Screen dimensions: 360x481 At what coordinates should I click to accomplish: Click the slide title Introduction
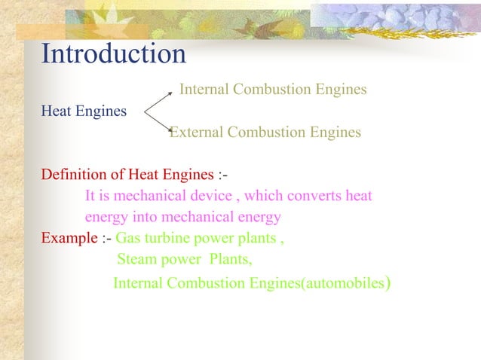point(113,54)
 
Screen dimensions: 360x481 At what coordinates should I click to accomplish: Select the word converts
point(314,196)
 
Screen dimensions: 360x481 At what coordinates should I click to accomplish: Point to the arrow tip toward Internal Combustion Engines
point(174,95)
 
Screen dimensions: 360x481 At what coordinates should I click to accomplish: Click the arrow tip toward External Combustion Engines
point(170,134)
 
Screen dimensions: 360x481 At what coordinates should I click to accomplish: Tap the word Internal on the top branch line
point(204,90)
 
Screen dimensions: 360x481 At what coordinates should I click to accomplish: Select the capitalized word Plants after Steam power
point(230,261)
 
